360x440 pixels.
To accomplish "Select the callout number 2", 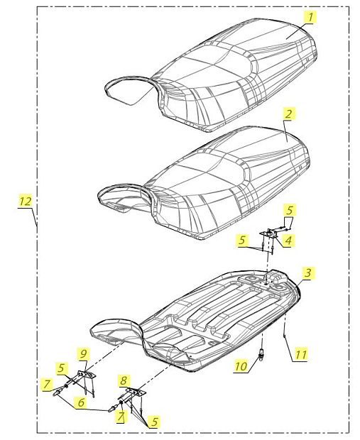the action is [288, 114].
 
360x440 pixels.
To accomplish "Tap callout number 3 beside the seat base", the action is [309, 273].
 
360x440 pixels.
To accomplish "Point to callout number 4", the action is [288, 240].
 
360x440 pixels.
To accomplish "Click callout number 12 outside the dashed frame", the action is [25, 201].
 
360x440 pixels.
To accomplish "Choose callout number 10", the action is [241, 366].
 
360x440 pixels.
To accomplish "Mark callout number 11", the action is [300, 354].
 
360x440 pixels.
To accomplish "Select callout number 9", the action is [84, 354].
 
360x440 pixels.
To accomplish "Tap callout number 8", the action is [124, 380].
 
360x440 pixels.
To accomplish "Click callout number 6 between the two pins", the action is [81, 402].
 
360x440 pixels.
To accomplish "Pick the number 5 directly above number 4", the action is [290, 211].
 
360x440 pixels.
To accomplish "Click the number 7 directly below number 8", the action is [121, 416].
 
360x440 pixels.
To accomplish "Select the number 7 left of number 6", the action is [47, 384].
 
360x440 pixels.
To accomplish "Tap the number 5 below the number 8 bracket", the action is [154, 422].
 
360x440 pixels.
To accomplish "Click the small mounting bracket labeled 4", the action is [269, 233].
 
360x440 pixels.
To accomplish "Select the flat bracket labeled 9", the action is [87, 374].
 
